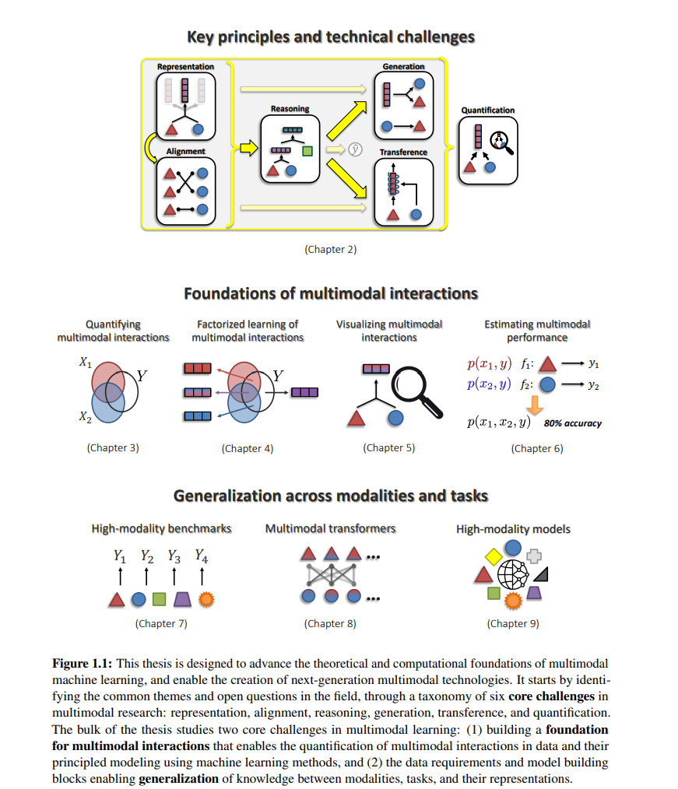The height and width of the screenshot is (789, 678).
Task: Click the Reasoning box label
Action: (290, 109)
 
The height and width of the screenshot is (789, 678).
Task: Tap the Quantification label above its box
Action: (488, 110)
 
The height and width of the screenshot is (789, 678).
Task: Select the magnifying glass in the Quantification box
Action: (501, 142)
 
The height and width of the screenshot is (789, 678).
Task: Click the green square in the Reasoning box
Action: (307, 151)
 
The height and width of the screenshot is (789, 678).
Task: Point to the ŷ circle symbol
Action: (356, 149)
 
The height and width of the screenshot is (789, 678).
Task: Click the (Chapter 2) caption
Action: (331, 250)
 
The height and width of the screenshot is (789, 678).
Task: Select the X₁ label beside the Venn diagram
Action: (86, 363)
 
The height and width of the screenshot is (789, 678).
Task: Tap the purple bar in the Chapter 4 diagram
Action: (304, 392)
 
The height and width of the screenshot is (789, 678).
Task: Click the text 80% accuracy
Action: (573, 424)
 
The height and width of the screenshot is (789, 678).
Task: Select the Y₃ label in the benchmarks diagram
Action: (174, 556)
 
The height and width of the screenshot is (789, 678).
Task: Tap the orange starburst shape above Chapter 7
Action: (206, 599)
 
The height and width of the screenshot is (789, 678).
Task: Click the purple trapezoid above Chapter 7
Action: (183, 599)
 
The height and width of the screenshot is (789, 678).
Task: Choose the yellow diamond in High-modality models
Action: (494, 556)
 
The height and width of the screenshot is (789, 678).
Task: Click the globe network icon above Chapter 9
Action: (513, 574)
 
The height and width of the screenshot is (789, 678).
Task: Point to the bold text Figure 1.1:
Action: (82, 664)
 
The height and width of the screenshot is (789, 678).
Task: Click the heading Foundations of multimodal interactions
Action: (331, 293)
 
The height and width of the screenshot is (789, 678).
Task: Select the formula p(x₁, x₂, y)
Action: (499, 423)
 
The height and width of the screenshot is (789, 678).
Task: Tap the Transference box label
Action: (403, 152)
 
